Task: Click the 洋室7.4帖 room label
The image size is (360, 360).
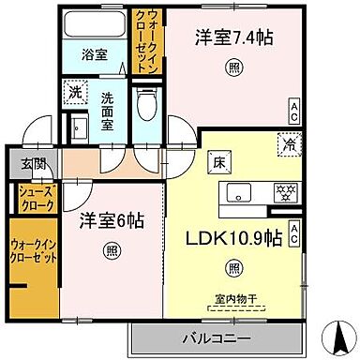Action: [234, 38]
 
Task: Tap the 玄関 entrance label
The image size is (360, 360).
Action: [22, 164]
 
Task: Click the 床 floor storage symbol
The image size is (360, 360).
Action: [214, 160]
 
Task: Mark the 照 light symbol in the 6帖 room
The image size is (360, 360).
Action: [111, 250]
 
